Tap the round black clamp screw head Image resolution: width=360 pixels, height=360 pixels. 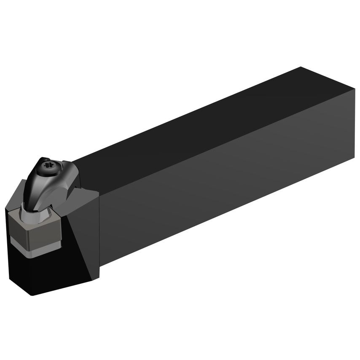point(44,168)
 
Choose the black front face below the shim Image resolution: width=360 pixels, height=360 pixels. point(38,270)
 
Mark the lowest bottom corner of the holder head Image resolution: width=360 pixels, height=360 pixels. point(31,295)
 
